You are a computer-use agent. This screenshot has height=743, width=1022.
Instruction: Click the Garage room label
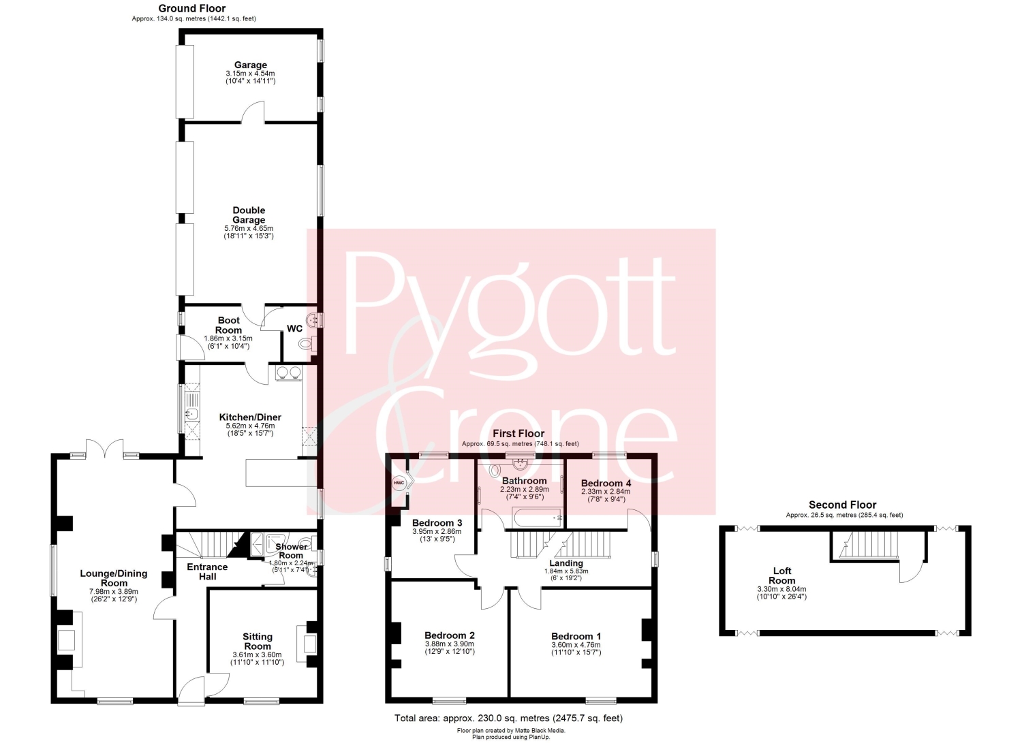(251, 65)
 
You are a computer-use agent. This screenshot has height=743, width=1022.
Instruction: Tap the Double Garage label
(249, 215)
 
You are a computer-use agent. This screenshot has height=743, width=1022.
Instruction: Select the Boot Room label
(228, 326)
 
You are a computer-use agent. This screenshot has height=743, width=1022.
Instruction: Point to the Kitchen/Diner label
(250, 417)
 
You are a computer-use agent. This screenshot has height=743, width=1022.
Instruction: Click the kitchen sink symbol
(191, 413)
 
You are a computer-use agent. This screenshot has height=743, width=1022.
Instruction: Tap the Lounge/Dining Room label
(114, 578)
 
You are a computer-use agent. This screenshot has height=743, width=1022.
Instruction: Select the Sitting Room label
(258, 642)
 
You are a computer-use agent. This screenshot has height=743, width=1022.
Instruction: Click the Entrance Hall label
(207, 571)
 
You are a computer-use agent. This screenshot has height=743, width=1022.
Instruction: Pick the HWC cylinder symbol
(399, 483)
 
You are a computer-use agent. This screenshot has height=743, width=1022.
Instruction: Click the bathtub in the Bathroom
(537, 518)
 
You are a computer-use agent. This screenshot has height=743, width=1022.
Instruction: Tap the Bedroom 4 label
(606, 483)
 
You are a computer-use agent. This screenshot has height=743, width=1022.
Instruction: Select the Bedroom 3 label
(437, 523)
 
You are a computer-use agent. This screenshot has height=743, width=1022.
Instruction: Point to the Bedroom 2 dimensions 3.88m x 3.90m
(450, 644)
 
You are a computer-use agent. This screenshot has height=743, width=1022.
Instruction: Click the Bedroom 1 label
(576, 636)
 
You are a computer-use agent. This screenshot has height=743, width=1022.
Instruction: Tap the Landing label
(566, 563)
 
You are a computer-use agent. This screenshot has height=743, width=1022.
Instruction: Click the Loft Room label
(782, 575)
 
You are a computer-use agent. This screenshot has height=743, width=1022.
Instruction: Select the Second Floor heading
(842, 505)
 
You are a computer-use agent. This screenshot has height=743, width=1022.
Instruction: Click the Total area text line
(508, 718)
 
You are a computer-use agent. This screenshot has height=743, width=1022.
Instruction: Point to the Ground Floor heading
(192, 9)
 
